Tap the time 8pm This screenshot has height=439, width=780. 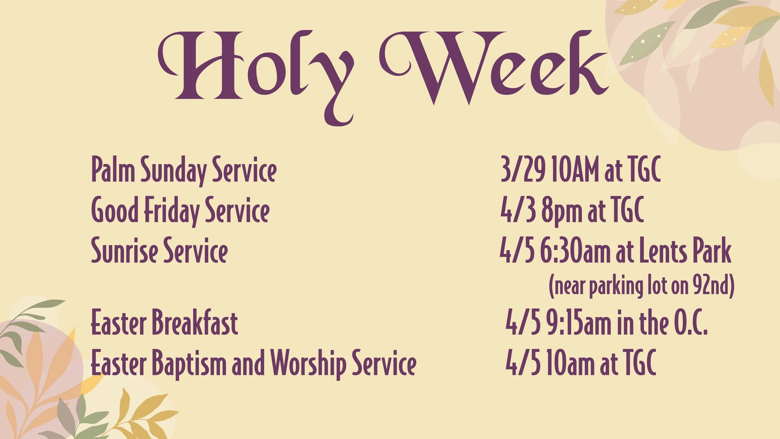pos(561,211)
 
